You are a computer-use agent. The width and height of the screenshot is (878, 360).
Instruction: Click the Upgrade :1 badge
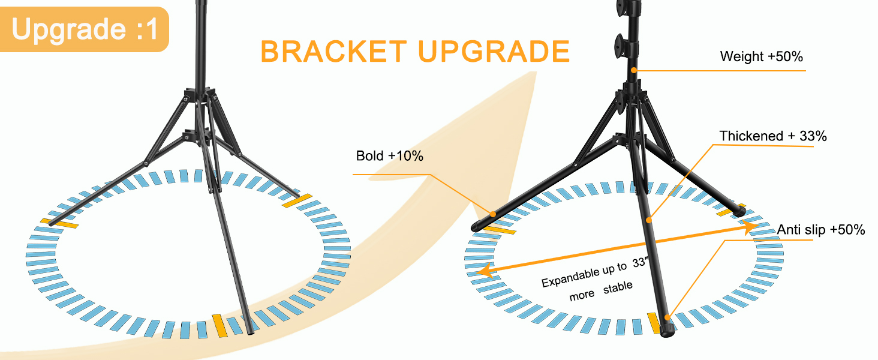pos(84,29)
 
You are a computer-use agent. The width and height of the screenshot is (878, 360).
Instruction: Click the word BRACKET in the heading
pos(334,52)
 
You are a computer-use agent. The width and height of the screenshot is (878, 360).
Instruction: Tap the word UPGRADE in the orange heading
pos(494,52)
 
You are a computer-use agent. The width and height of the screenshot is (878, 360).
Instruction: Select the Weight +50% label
pos(761,56)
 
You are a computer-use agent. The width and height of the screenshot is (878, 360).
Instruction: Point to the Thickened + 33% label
pos(773,136)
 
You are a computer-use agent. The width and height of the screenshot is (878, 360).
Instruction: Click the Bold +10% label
pos(390,156)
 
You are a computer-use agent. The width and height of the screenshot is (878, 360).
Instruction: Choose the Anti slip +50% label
pos(821,229)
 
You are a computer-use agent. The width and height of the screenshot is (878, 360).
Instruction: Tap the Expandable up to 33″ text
pos(595,273)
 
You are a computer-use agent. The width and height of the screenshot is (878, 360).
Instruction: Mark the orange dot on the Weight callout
pos(634,70)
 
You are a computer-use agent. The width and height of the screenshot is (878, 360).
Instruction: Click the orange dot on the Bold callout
pos(493,214)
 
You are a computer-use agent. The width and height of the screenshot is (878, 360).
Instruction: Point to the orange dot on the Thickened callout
pos(649,220)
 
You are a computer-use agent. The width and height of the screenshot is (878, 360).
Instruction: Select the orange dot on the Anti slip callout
pos(667,317)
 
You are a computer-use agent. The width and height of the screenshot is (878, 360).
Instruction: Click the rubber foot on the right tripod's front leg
pos(667,329)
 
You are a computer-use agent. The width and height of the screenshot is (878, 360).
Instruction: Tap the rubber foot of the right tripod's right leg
pos(739,211)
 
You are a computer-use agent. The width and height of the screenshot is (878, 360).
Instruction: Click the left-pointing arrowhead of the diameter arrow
pos(485,271)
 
